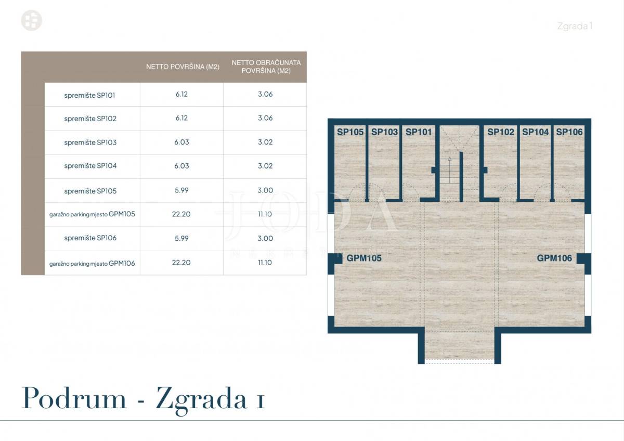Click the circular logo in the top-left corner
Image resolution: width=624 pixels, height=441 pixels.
coord(32,20)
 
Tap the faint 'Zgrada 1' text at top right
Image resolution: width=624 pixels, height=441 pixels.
coord(575,26)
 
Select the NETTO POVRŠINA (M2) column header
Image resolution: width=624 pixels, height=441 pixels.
coord(183,67)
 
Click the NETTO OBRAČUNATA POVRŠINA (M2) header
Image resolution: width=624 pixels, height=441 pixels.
coord(266,67)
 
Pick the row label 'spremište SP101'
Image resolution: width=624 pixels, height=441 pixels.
coord(89,95)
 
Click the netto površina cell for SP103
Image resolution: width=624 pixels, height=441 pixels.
coord(181,142)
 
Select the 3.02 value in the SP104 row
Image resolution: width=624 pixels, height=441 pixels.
coord(265,166)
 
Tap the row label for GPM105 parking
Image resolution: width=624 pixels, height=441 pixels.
coord(92,214)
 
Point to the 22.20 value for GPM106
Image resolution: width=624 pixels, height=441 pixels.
coord(181,263)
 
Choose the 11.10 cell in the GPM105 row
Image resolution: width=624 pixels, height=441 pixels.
coord(265,214)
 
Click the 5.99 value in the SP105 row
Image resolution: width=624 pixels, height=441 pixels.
coord(181,190)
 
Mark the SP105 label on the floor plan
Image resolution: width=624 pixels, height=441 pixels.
coord(350,132)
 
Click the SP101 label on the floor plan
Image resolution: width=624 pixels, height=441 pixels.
coord(419,132)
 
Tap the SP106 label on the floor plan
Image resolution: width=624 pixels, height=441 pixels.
coord(569,132)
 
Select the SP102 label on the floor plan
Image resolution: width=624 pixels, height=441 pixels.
coord(501,132)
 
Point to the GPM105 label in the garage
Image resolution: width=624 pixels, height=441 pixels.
coord(364,258)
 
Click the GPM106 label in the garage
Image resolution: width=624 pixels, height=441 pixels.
coord(554,258)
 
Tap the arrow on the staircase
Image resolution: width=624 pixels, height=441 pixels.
coord(449,170)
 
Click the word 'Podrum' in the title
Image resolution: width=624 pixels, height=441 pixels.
coord(74,398)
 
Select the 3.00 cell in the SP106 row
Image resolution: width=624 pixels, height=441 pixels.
coord(265,238)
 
